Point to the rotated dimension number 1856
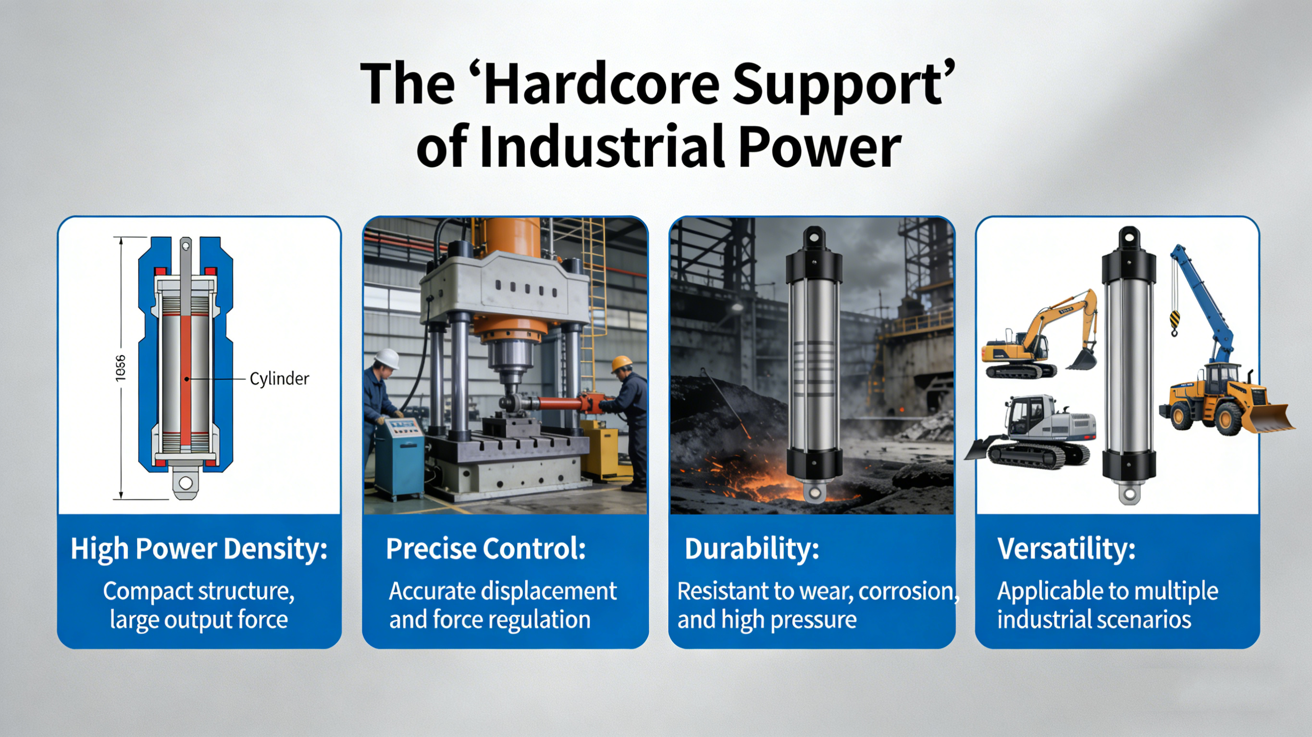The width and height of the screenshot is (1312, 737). (x=120, y=367)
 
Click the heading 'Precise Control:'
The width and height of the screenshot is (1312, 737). (x=486, y=549)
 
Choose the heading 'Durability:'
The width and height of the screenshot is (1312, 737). (x=752, y=549)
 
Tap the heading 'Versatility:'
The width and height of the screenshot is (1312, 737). (x=1066, y=549)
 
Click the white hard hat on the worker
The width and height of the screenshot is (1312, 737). (x=386, y=358)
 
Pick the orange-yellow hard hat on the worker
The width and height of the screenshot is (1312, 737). (x=621, y=363)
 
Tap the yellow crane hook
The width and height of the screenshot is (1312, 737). (x=1174, y=323)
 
